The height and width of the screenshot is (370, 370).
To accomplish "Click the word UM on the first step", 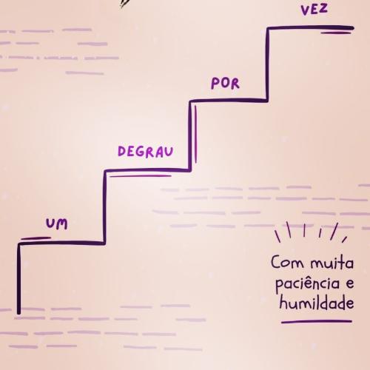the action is point(57,223).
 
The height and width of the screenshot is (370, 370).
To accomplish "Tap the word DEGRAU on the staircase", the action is point(146,152).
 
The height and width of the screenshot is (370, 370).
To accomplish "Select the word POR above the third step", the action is point(225,84).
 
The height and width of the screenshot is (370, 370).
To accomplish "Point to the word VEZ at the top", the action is point(314,10).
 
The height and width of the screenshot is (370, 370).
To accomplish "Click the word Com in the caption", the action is point(287,262).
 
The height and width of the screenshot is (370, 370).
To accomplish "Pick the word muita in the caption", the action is point(332,263).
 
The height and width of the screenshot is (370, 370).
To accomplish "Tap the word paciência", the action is point(307,283).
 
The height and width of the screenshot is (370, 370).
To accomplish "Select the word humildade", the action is point(317,302).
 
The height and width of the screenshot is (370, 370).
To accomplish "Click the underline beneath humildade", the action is point(317,322).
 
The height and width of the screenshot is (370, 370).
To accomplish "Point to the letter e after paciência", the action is point(350,284).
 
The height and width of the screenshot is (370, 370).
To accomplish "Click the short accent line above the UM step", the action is point(36,238).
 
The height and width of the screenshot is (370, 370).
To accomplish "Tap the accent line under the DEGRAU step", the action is point(141,176).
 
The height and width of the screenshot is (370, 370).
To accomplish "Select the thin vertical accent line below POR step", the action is point(195,135).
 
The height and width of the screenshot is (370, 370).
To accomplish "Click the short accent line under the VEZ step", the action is point(336,33).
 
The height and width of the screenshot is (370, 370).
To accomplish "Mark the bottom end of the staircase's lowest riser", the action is point(18,313).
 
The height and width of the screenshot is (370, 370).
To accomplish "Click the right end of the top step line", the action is point(352,28).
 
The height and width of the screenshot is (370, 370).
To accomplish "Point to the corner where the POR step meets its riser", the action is point(267,100).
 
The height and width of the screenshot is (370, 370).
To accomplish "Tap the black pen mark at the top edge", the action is point(126,4).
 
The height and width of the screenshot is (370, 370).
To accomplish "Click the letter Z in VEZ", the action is point(323,8).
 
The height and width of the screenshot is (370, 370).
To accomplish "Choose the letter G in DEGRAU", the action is point(140,152).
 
